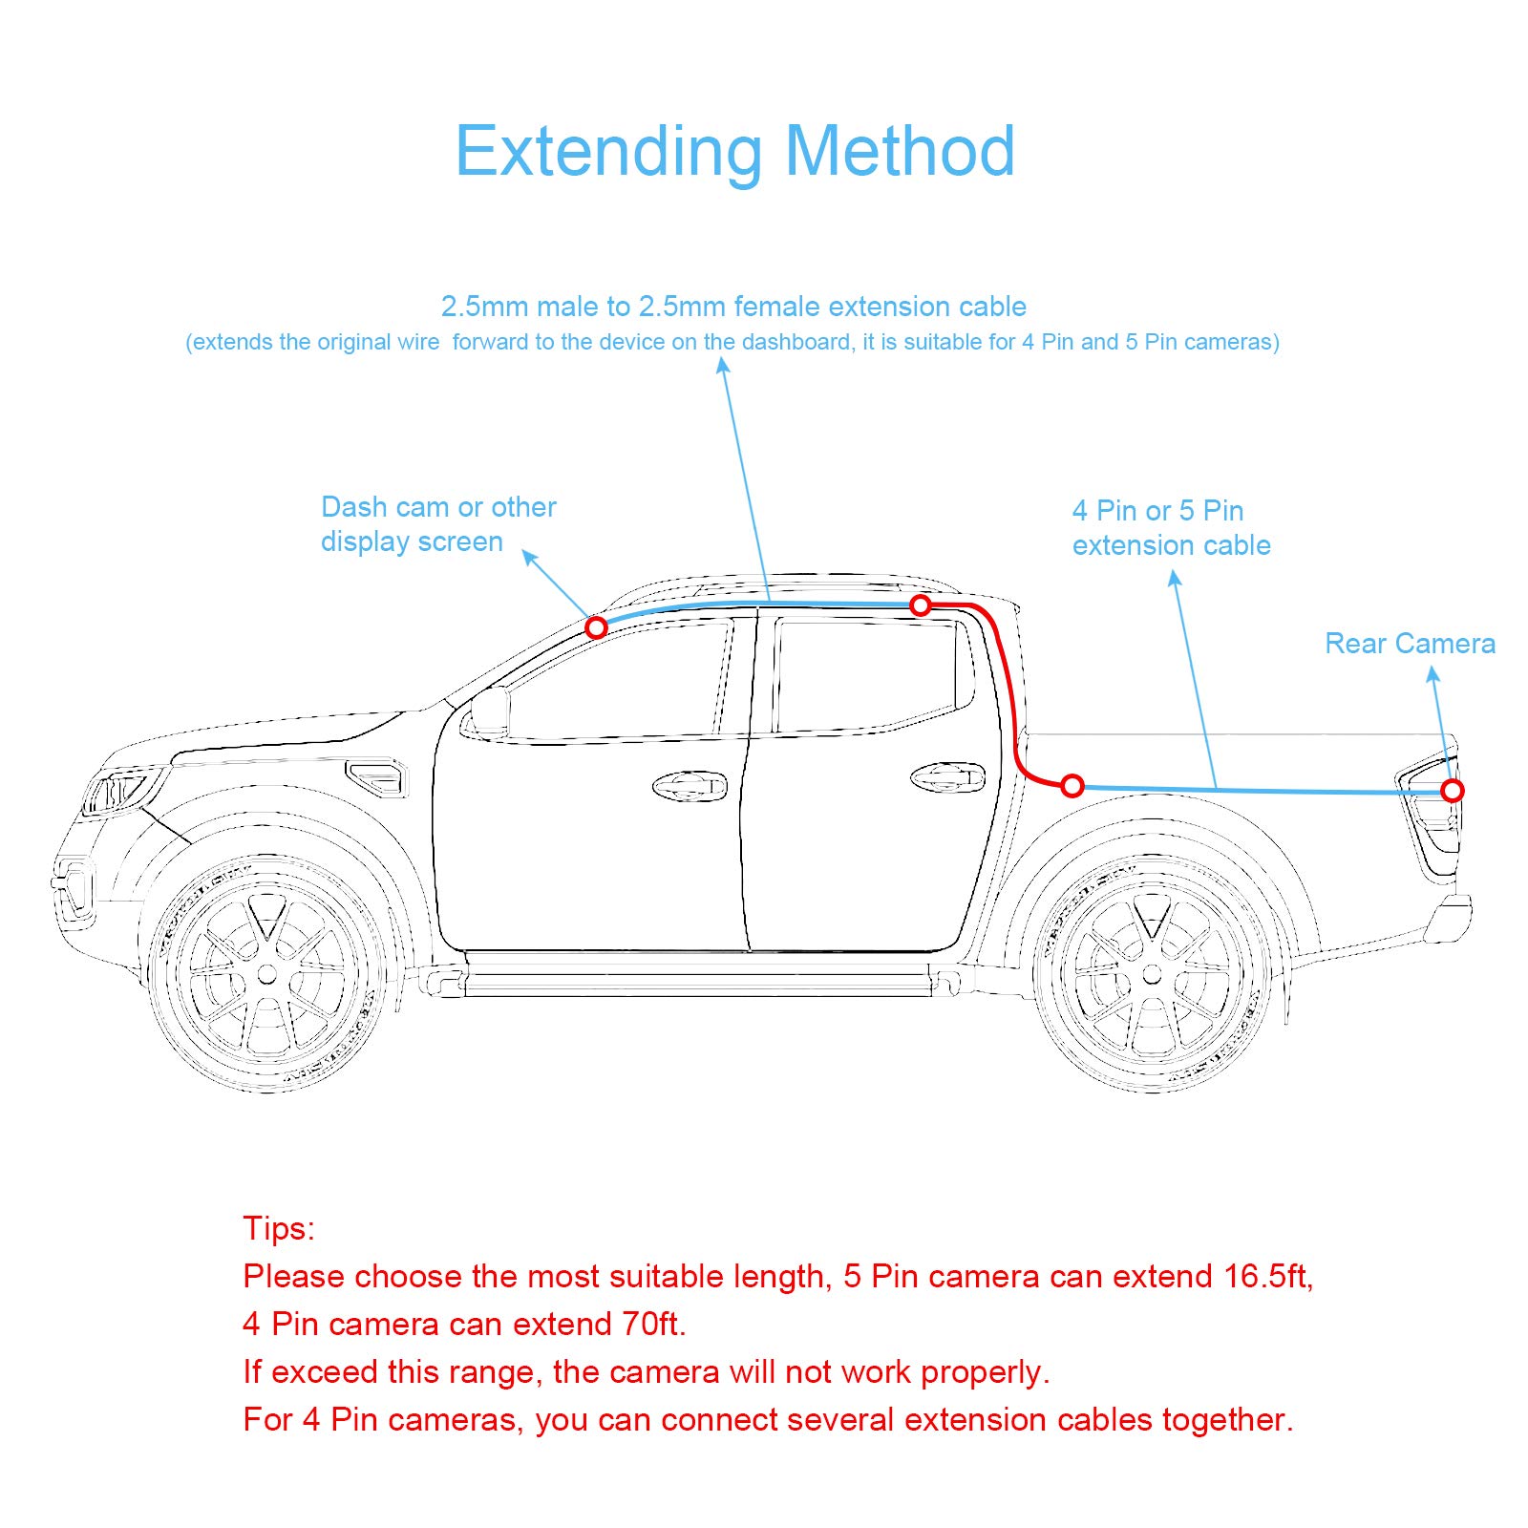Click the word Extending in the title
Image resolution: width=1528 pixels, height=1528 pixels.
click(608, 153)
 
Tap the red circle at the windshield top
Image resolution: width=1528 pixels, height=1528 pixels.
click(596, 627)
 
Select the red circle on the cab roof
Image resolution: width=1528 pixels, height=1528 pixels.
click(921, 605)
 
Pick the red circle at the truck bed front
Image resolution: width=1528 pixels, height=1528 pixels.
click(1072, 786)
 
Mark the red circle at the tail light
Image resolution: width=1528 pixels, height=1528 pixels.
click(1453, 791)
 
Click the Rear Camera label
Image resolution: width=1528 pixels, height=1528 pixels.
click(1410, 644)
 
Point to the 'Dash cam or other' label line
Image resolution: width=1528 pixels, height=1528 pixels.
click(438, 507)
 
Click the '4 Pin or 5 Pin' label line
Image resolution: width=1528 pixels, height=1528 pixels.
click(1157, 511)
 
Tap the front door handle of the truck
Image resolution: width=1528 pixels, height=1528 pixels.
click(690, 786)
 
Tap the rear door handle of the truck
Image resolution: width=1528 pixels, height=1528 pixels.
click(947, 777)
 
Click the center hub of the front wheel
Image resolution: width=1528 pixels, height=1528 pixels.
click(267, 974)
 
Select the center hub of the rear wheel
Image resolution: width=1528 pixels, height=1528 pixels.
click(1152, 974)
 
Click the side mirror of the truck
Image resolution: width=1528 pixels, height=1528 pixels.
click(489, 711)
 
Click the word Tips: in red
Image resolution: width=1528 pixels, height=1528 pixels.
click(279, 1228)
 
